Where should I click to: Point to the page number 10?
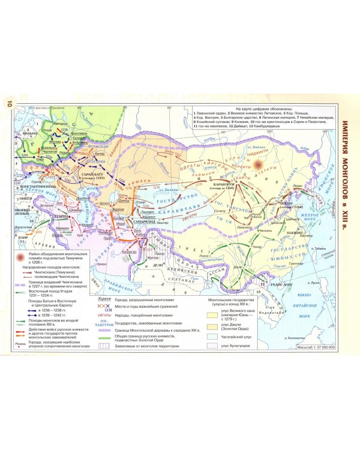coord(9,103)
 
